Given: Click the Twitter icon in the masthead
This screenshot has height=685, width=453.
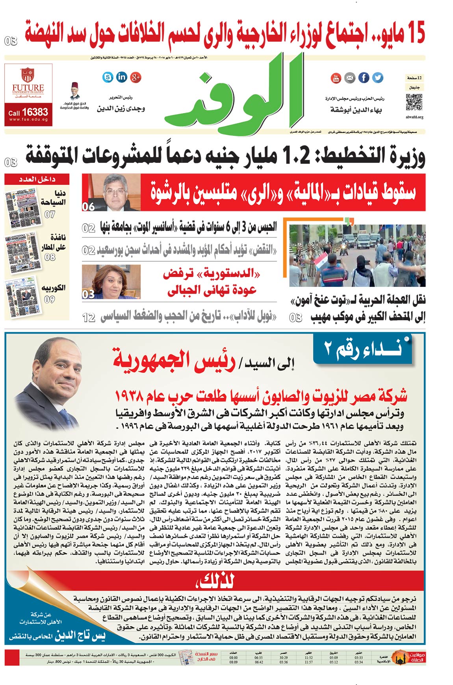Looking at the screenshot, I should [x=378, y=78].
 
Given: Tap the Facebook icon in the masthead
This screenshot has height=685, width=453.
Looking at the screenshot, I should [x=364, y=78].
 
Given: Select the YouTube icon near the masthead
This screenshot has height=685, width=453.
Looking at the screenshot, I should [x=336, y=78].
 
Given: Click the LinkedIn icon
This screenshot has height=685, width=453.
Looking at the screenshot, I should [x=122, y=77].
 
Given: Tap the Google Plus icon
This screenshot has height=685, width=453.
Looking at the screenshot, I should [x=136, y=77].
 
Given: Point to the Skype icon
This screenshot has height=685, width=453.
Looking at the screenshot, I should [x=108, y=77].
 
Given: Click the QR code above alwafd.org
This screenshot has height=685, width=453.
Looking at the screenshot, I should [x=414, y=102].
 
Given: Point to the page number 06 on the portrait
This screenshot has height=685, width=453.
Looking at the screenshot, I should [x=88, y=206].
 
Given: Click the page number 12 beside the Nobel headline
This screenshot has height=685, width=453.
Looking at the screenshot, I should [x=89, y=318].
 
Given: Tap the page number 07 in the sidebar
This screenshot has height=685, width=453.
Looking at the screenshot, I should [x=50, y=214].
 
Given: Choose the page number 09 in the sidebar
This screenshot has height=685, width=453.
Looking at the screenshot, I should [x=50, y=299].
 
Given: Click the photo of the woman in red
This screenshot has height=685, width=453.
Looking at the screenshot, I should [x=111, y=282].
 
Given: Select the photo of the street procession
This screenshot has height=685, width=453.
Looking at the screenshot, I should [x=357, y=256].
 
